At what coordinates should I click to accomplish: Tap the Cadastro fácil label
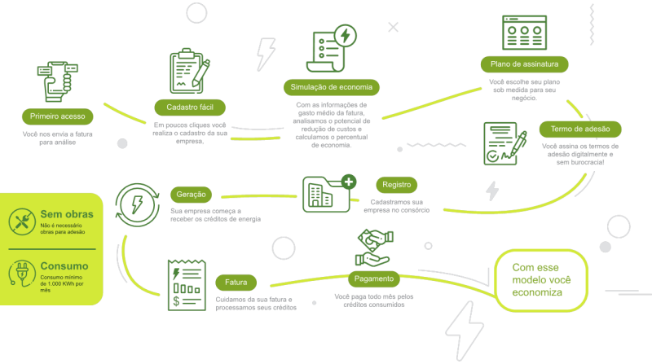coord(190,107)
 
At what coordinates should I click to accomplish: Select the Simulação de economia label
coord(335,86)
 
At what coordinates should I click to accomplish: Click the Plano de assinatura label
coord(524,64)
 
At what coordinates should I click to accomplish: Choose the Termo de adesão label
coord(580,129)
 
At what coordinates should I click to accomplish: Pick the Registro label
coord(397,185)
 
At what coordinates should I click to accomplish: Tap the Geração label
coord(192,195)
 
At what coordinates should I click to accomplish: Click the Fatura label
coord(236,283)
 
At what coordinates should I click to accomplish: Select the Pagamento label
coord(376,277)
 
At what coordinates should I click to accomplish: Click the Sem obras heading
coord(67,214)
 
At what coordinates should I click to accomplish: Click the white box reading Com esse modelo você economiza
coord(541,280)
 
